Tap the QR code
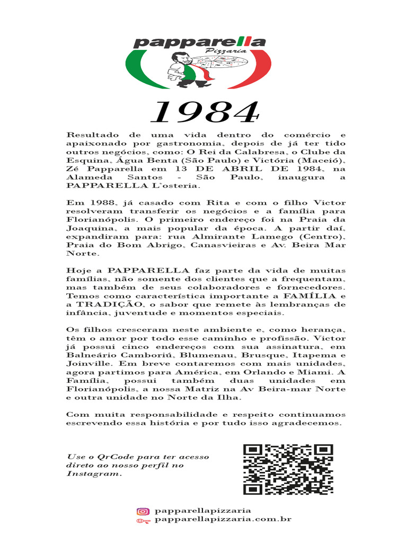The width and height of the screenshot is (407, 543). [x=288, y=469]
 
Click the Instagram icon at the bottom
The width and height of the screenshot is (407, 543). [x=143, y=511]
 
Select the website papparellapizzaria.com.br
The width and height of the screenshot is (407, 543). [x=223, y=520]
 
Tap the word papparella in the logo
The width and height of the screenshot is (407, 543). [x=199, y=42]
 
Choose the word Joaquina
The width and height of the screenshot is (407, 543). [x=88, y=228]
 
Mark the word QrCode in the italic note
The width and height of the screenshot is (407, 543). [x=110, y=457]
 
